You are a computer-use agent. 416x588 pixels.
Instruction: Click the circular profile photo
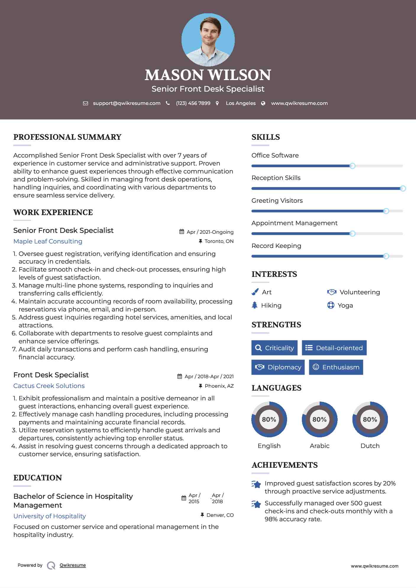point(208,40)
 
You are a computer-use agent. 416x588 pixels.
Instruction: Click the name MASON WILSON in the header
point(208,75)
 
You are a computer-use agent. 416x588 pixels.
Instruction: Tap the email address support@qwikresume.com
point(127,103)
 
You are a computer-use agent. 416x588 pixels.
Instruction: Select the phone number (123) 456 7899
point(193,103)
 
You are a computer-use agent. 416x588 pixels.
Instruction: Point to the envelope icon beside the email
point(85,103)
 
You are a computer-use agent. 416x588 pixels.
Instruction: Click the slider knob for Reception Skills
point(403,189)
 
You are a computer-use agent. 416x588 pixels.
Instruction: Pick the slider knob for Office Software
point(352,166)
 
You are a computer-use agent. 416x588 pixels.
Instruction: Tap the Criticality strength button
point(274,348)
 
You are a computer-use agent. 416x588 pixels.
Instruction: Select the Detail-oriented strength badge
point(334,348)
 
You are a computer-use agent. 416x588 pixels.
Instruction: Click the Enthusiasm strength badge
point(336,367)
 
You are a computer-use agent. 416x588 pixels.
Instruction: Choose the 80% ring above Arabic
point(319,419)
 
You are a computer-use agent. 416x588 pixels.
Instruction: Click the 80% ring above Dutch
point(370,419)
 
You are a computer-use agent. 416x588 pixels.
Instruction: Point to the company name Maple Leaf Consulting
point(48,241)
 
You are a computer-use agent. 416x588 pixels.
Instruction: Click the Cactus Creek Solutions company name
point(49,386)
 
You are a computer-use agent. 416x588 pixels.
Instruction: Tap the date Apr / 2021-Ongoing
point(210,232)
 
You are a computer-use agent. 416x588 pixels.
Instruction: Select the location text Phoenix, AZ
point(219,386)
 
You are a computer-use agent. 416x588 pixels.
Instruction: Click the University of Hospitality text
point(50,516)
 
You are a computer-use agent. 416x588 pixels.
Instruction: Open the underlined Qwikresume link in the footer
point(73,565)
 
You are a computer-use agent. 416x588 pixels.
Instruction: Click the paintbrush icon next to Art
point(255,292)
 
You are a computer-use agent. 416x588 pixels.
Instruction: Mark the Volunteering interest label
point(360,292)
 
